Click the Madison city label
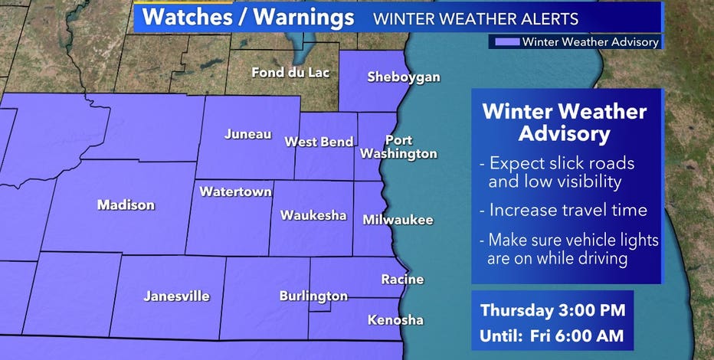point(126,205)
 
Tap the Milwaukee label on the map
point(398,220)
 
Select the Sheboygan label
point(404,77)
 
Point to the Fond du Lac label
point(291,73)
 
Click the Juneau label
point(247,134)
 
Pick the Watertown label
point(235,191)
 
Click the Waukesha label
point(313,215)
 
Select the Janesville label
point(176,296)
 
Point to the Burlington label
point(313,296)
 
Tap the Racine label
point(402,280)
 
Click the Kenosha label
point(395,320)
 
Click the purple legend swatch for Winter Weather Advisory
point(506,42)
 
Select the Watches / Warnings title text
point(248,18)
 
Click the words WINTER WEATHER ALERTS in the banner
point(476,18)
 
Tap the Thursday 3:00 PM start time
point(552,310)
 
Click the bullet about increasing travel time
point(562,210)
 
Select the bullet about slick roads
point(562,172)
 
